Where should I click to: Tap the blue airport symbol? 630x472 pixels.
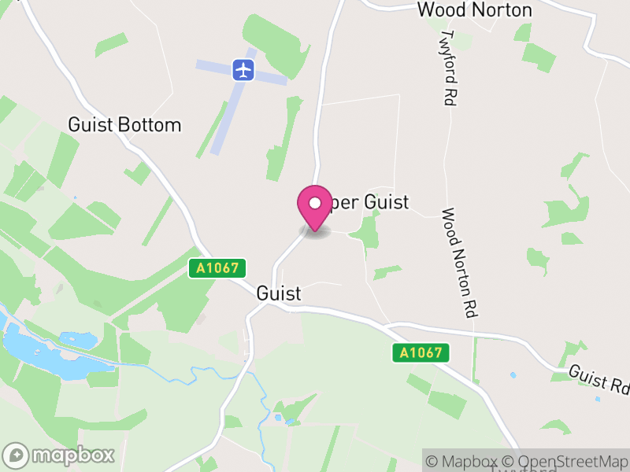coord(244,69)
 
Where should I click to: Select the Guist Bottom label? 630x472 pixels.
coord(124,125)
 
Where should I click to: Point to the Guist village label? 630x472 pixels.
coord(279,293)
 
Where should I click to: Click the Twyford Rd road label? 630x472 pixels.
coord(450,68)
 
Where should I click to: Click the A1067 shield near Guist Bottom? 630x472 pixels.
coord(218,268)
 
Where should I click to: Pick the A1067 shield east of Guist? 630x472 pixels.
coord(421,353)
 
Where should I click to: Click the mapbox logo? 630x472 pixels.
coord(60,455)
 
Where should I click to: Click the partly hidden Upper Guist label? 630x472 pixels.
coord(370,202)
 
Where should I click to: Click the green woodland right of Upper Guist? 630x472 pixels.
coord(367,232)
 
